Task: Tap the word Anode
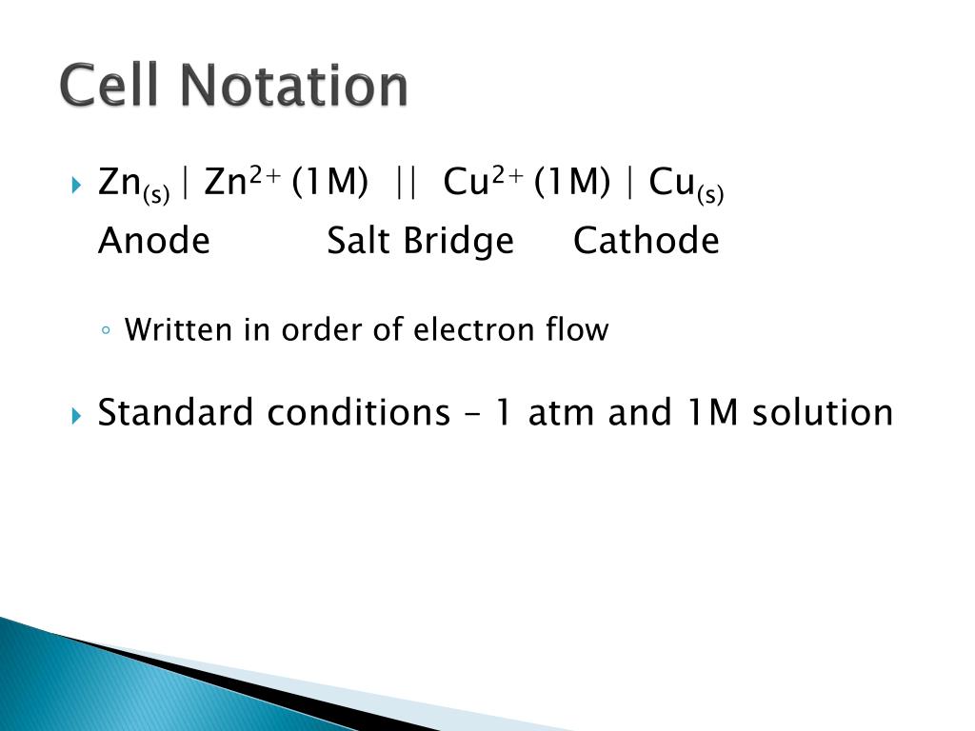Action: coord(153,241)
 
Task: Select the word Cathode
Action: coord(646,241)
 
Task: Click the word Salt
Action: coord(360,241)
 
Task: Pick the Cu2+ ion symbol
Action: coord(484,181)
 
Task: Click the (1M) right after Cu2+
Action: coord(572,183)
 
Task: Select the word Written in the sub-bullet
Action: coord(178,330)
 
